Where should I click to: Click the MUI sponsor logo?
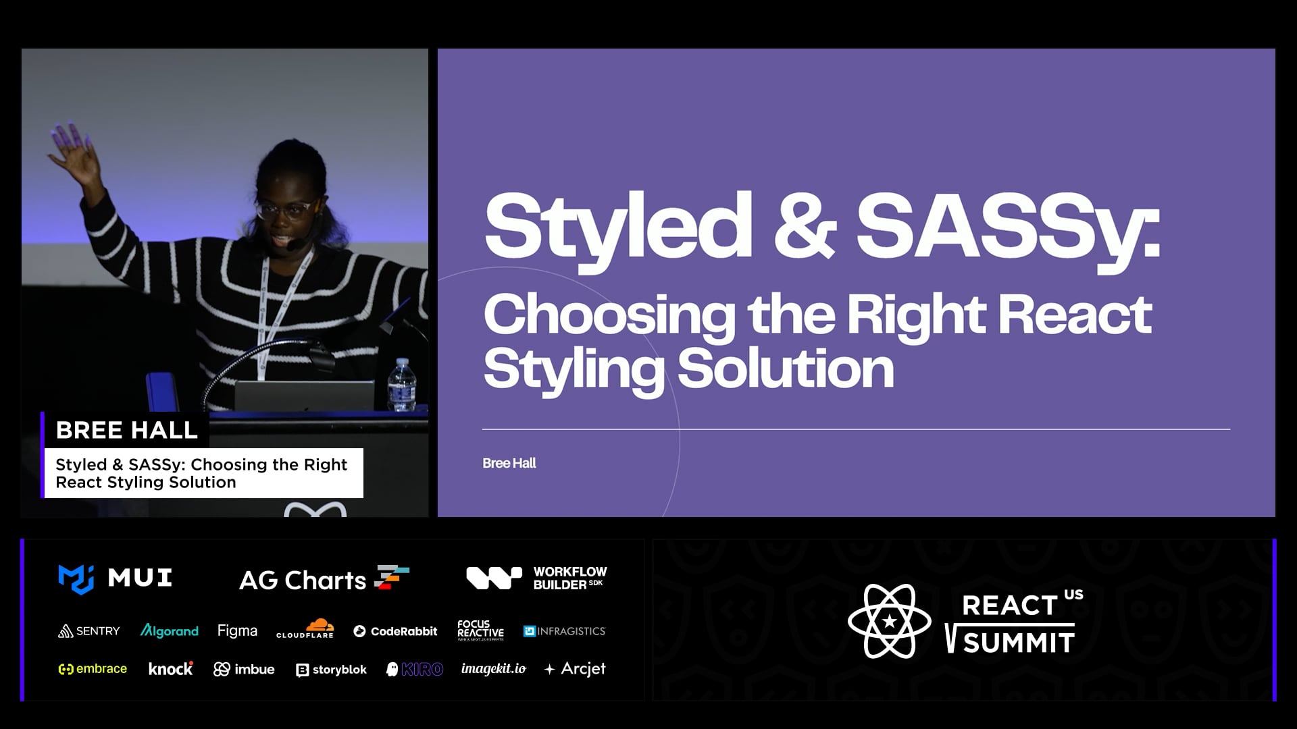pyautogui.click(x=115, y=578)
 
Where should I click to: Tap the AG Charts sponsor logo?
pyautogui.click(x=324, y=579)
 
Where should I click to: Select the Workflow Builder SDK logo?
pyautogui.click(x=536, y=578)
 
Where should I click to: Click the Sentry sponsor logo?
pyautogui.click(x=88, y=631)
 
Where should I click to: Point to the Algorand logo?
pyautogui.click(x=169, y=631)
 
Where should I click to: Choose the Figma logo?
pyautogui.click(x=237, y=631)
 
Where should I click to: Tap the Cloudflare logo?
pyautogui.click(x=305, y=629)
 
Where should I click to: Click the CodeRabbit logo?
pyautogui.click(x=395, y=631)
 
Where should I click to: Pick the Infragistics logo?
pyautogui.click(x=565, y=631)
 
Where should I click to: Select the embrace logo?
pyautogui.click(x=93, y=669)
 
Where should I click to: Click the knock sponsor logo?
pyautogui.click(x=171, y=669)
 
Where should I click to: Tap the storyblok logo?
pyautogui.click(x=331, y=670)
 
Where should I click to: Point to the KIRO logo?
pyautogui.click(x=414, y=669)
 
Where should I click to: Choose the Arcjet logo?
pyautogui.click(x=575, y=669)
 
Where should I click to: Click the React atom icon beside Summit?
pyautogui.click(x=890, y=621)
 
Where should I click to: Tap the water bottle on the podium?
pyautogui.click(x=402, y=385)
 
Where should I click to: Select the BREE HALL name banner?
pyautogui.click(x=126, y=430)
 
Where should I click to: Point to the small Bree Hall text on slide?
pyautogui.click(x=509, y=463)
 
